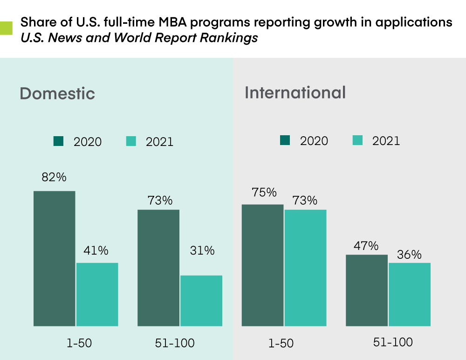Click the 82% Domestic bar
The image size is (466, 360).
(x=55, y=258)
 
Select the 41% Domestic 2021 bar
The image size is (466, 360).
(x=97, y=294)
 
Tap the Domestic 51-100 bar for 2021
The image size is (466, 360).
(x=201, y=300)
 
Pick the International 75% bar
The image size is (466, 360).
(x=262, y=265)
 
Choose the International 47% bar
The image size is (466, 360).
(x=366, y=290)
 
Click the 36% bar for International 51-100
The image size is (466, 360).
(x=409, y=294)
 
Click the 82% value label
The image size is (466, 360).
(x=55, y=177)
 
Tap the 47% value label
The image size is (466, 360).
(x=366, y=246)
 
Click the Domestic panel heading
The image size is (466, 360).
(x=57, y=93)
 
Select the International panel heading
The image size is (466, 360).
(x=295, y=92)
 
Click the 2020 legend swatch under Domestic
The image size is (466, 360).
(x=58, y=141)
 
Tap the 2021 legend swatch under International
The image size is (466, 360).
(x=357, y=140)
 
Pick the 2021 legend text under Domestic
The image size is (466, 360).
(x=159, y=142)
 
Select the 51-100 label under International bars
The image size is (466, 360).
(x=393, y=342)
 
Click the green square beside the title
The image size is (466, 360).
(x=6, y=28)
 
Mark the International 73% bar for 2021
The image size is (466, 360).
(x=305, y=267)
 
